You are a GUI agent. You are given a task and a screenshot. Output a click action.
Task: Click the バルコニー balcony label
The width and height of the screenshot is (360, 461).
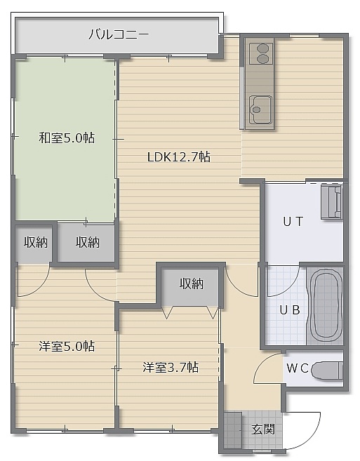pos(119,34)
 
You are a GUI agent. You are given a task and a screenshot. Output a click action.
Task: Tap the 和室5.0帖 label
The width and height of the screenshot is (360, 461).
pos(67,138)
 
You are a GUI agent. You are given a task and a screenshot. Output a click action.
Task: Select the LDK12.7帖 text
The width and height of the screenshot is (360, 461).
pos(179,157)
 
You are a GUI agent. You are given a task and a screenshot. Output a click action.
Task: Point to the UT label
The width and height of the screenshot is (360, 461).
pos(293,222)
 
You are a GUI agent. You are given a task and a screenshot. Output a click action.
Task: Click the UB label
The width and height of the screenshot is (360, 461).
pos(290,310)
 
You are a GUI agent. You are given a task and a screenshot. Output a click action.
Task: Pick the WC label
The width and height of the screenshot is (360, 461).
pos(298,368)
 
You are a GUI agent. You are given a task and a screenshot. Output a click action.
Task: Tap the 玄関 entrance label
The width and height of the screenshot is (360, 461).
pos(263,429)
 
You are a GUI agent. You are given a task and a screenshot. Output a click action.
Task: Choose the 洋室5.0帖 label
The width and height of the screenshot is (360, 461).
pos(67,347)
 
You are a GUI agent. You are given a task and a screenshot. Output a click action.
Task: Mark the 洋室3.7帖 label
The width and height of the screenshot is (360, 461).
pos(171,367)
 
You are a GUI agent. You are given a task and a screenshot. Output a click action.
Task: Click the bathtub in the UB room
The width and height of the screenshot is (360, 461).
pos(325,305)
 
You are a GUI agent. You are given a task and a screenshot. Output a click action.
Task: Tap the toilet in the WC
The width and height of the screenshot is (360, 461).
pos(327,370)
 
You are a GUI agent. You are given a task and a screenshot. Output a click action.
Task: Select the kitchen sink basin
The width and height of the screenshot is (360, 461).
pos(260,109)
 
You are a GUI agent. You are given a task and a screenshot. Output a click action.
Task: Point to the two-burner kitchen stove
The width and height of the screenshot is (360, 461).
pos(262,53)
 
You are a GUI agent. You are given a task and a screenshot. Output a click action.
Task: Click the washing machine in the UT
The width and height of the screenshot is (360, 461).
pos(332,201)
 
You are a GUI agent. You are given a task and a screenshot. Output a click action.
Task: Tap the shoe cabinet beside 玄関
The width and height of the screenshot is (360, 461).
pos(233,430)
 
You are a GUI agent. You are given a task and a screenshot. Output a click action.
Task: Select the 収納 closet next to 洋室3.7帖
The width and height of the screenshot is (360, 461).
pos(192,284)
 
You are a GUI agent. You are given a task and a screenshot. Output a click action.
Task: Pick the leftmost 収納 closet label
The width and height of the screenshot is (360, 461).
pos(36,242)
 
